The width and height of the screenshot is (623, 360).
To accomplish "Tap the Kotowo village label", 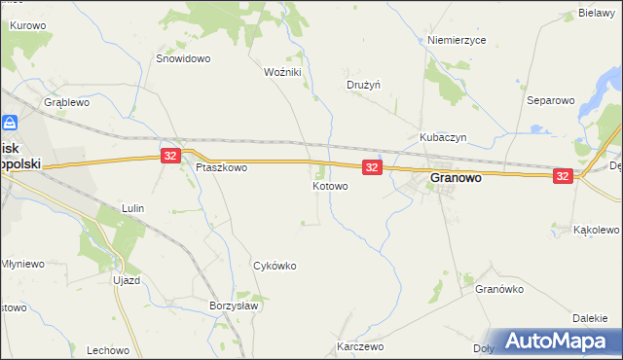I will click(x=330, y=185).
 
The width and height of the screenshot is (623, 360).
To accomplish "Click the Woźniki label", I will click(x=283, y=72).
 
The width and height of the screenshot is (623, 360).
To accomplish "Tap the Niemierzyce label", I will click(x=457, y=41).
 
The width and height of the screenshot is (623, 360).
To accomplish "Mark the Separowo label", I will click(x=552, y=100).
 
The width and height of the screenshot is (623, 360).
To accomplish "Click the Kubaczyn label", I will click(x=444, y=138).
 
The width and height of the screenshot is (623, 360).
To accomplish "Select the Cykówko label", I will click(x=275, y=265).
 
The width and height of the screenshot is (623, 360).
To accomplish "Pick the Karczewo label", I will click(x=360, y=346).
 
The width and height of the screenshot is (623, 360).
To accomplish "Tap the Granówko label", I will click(x=500, y=289).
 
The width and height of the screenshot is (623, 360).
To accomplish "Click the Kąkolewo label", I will click(x=597, y=230).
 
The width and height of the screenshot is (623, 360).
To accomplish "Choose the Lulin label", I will click(x=132, y=208).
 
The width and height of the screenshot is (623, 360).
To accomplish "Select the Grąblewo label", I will click(x=67, y=101).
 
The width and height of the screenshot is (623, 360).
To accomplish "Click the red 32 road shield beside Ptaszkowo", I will click(x=170, y=156).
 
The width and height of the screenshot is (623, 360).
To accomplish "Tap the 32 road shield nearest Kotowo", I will click(x=371, y=167).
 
